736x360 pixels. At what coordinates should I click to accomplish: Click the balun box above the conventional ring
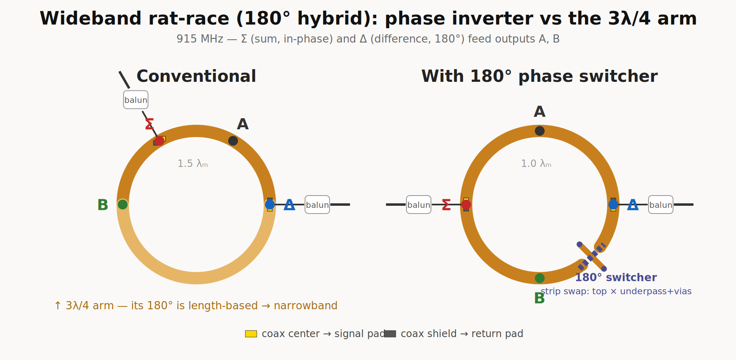[136, 100]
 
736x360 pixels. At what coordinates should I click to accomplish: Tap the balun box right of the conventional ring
[317, 205]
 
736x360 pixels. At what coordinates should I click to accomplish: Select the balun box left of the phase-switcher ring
[419, 205]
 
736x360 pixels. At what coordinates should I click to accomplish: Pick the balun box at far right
[661, 205]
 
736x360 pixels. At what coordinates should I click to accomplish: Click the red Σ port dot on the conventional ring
[159, 141]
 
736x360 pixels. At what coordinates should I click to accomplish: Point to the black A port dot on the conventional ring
[233, 141]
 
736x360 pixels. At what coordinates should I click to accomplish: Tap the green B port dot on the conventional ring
[123, 205]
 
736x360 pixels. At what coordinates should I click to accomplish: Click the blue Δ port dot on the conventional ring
[270, 205]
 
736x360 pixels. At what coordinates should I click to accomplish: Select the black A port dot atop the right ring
[540, 131]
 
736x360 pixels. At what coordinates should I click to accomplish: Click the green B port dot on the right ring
[540, 278]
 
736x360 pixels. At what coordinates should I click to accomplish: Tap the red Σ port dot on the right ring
[466, 205]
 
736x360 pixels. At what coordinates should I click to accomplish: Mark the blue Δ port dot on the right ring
[613, 205]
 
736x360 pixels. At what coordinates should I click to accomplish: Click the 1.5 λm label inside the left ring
[193, 164]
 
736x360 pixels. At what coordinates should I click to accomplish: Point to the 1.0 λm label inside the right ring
[536, 164]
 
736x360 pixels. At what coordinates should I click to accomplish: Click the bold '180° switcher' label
[616, 277]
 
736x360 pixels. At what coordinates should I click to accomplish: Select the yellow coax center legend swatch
[251, 334]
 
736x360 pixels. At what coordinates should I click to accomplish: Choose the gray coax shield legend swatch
[390, 334]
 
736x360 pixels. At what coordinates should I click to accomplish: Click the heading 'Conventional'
[196, 76]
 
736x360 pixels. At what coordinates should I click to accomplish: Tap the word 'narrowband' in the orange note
[305, 306]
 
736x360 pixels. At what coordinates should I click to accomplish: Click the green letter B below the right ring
[539, 298]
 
